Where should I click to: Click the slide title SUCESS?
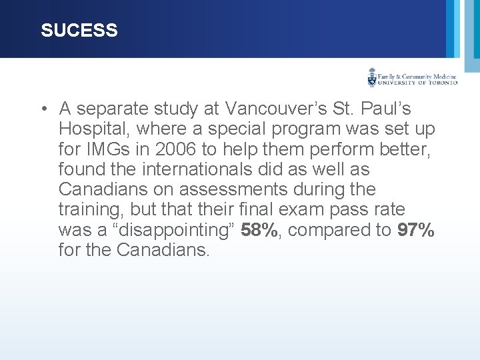tap(79, 31)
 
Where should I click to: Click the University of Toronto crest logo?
tap(372, 78)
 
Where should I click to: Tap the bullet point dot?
tap(43, 109)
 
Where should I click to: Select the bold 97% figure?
tap(416, 230)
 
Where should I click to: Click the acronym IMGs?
tap(117, 149)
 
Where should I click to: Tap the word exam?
tap(300, 209)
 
